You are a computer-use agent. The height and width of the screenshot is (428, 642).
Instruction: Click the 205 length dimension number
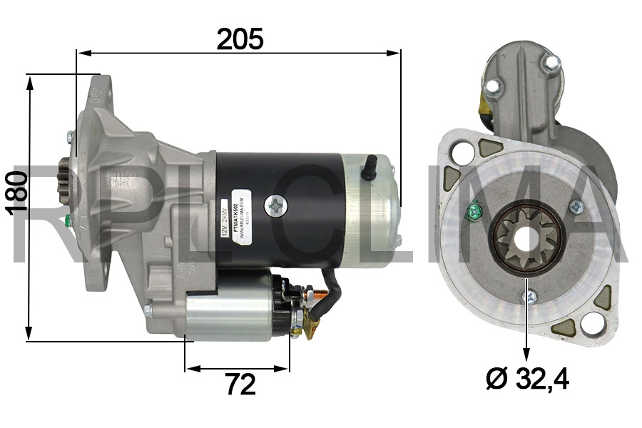(x=240, y=39)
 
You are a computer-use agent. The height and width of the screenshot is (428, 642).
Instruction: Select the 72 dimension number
(x=240, y=385)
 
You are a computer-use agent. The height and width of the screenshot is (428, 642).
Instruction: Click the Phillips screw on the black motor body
(x=274, y=206)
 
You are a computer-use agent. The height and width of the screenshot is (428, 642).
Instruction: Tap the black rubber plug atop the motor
(x=369, y=167)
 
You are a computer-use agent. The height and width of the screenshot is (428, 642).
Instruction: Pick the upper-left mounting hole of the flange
(x=461, y=151)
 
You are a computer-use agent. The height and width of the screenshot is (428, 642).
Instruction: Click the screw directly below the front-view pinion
(x=528, y=296)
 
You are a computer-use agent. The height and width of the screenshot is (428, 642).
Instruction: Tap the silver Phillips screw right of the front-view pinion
(x=576, y=207)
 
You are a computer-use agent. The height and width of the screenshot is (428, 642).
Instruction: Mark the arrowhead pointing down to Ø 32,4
(x=527, y=355)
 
